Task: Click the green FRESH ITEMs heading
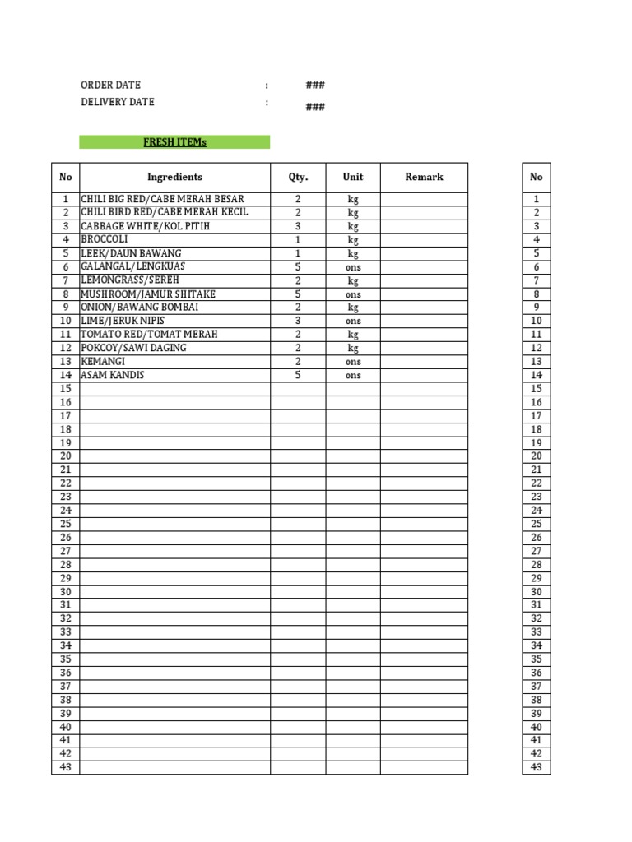click(174, 142)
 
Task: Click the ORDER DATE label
click(110, 85)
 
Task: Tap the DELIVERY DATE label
click(117, 102)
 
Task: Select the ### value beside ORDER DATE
click(315, 86)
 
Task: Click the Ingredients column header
click(174, 177)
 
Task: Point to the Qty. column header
click(298, 177)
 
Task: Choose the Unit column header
click(352, 177)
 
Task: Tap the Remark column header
click(424, 177)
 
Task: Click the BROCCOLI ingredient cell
click(105, 239)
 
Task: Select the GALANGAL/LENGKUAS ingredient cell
click(132, 266)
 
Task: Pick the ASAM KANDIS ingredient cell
click(113, 375)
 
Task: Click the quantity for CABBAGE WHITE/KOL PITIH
click(298, 226)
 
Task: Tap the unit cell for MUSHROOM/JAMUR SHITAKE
click(352, 294)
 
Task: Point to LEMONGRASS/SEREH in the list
click(129, 280)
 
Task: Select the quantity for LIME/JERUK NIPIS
click(298, 321)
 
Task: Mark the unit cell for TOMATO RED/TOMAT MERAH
click(352, 335)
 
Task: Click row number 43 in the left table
click(66, 767)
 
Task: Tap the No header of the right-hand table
click(537, 177)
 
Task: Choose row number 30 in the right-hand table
click(537, 592)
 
